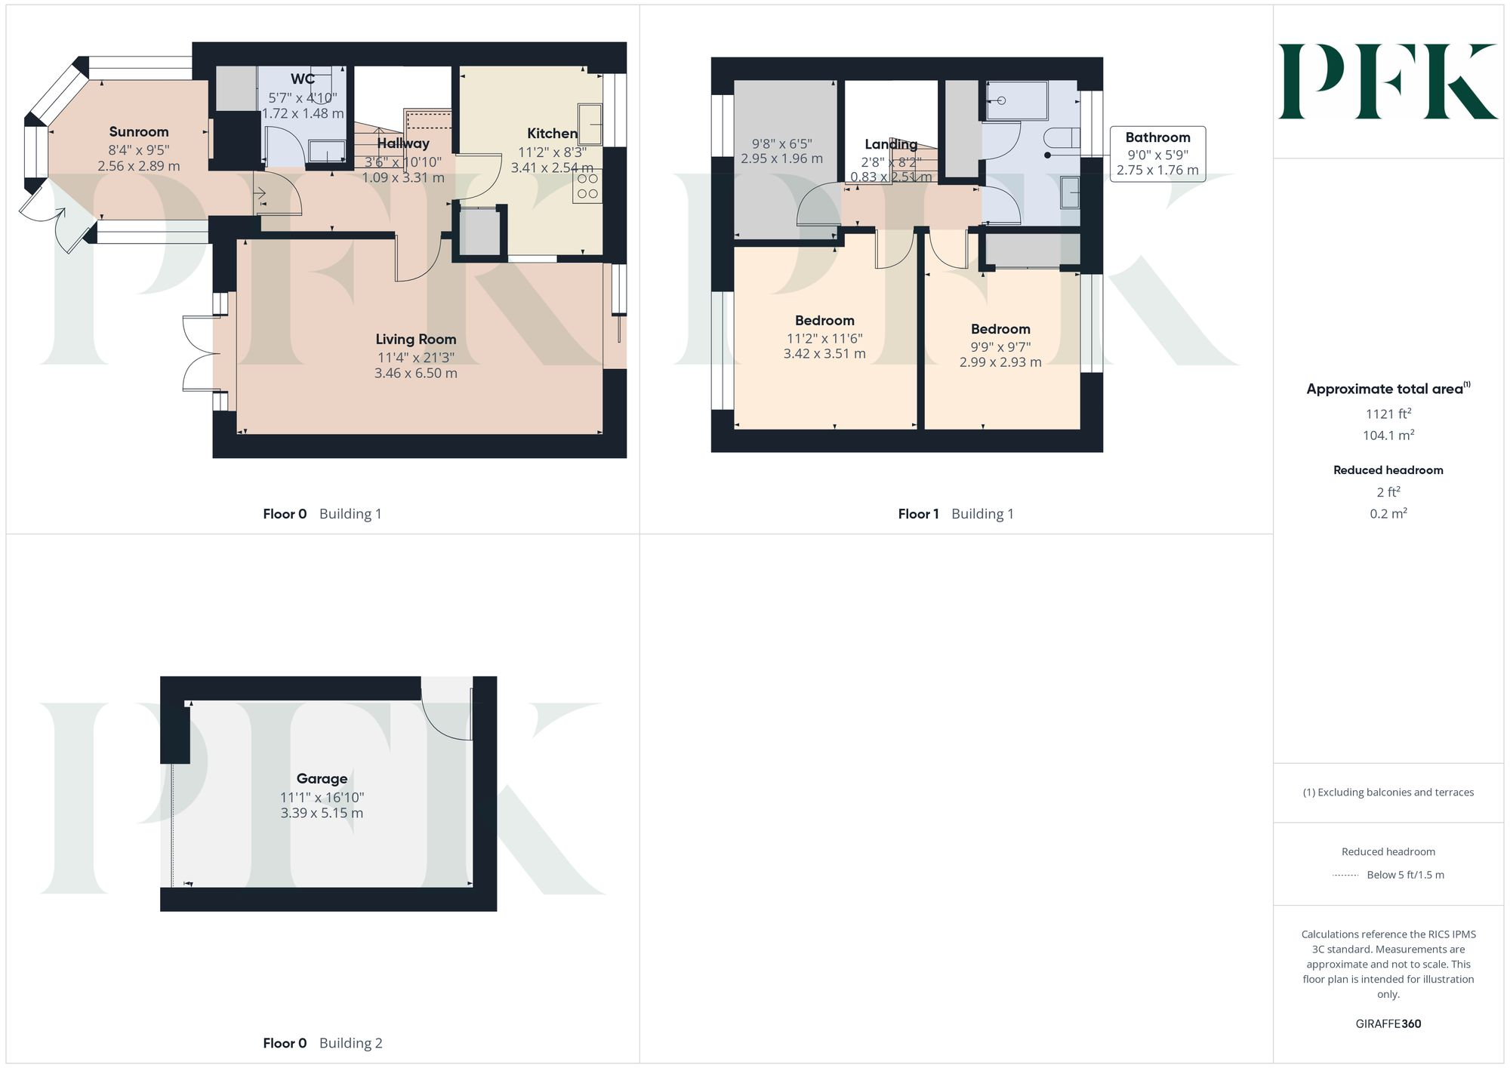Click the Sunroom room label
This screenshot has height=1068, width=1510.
tap(139, 132)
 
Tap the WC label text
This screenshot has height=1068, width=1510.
tap(303, 79)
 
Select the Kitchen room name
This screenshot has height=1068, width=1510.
tap(552, 134)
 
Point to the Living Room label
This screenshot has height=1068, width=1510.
tap(416, 340)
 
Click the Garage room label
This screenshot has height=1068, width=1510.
tap(322, 779)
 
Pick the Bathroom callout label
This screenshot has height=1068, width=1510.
tap(1157, 137)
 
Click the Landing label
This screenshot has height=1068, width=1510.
tap(891, 144)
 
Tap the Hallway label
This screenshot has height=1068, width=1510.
tap(403, 143)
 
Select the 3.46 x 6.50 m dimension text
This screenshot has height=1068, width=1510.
tap(416, 373)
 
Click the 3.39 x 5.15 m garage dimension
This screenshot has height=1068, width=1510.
tap(322, 813)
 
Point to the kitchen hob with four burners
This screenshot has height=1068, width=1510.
tap(587, 186)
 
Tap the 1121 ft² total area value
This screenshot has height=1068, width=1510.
tap(1388, 414)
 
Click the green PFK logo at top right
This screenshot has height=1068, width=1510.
tap(1388, 82)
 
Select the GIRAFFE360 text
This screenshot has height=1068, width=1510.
tap(1388, 1023)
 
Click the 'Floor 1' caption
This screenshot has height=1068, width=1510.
tap(918, 514)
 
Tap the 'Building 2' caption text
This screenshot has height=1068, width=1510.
tap(350, 1043)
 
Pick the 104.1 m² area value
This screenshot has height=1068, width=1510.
tap(1388, 436)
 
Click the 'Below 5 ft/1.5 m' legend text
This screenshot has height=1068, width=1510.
tap(1405, 875)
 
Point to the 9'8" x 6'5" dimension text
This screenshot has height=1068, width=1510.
tap(781, 143)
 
